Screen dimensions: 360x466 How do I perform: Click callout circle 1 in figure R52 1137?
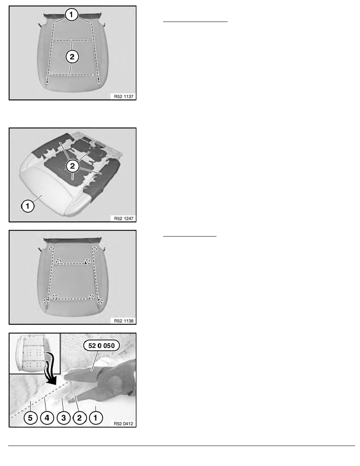point(71,14)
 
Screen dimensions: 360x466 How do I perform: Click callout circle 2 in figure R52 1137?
point(72,56)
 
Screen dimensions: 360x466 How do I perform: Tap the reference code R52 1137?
point(124,96)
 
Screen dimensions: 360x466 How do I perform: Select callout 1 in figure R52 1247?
point(27,206)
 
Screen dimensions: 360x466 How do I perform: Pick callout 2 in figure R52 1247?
point(73,166)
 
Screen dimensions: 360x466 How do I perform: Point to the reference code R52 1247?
point(124,218)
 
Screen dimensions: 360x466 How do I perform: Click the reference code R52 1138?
point(124,321)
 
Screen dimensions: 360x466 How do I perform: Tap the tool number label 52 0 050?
point(101,346)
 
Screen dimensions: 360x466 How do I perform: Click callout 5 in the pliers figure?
point(30,418)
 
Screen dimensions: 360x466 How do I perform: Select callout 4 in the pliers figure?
point(47,418)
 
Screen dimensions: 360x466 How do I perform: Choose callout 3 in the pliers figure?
point(63,418)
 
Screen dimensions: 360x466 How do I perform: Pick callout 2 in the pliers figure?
point(79,418)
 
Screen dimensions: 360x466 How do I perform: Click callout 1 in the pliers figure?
point(95,418)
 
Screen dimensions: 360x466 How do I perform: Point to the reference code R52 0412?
point(124,424)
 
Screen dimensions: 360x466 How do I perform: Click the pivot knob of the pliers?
point(115,382)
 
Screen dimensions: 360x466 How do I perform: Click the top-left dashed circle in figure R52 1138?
point(52,249)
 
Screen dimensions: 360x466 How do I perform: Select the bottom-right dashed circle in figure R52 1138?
point(100,301)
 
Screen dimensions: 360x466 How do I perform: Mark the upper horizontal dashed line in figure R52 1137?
point(73,40)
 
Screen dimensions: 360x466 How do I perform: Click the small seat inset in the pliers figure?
point(35,353)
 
